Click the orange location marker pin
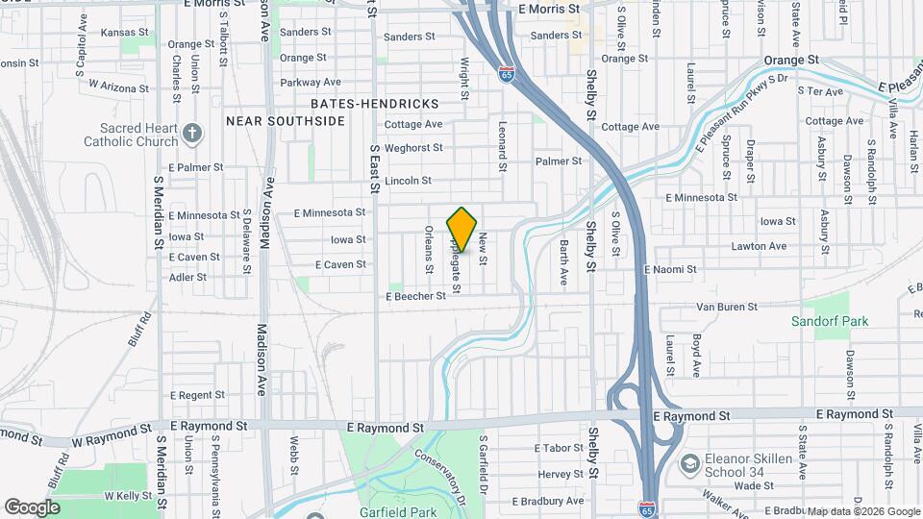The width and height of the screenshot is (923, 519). coord(462,230)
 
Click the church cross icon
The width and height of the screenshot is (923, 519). coord(192,133)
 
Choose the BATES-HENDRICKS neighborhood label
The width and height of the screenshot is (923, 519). coord(375,103)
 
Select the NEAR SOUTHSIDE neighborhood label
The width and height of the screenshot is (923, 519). coord(285,121)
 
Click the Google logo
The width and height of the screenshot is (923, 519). coord(33,507)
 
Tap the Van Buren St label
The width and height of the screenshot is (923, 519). coord(727,307)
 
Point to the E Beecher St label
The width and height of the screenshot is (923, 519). coord(416,296)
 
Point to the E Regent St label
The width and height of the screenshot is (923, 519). coord(197,395)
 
